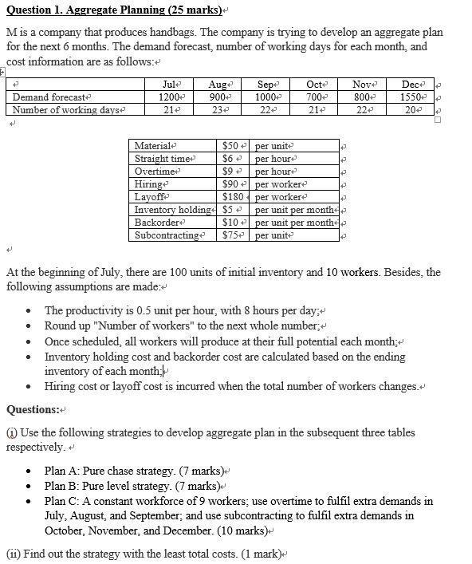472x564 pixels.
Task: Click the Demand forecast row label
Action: point(49,97)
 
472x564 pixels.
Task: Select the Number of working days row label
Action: point(66,110)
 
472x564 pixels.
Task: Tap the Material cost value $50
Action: point(230,146)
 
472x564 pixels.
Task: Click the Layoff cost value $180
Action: point(232,197)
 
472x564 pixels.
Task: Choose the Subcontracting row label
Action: point(167,235)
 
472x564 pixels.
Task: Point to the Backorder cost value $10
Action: point(230,223)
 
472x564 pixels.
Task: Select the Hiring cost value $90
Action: point(230,184)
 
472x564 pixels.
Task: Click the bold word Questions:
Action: point(33,409)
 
